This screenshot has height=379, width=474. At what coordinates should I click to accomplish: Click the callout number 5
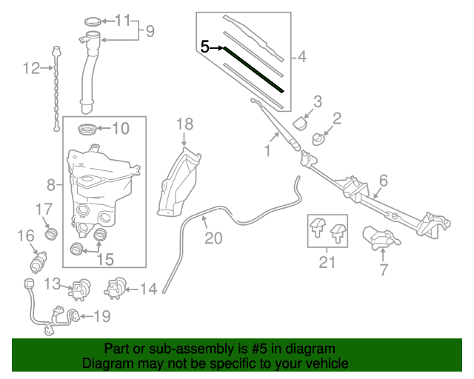point(205,47)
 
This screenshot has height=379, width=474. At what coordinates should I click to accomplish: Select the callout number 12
point(31,69)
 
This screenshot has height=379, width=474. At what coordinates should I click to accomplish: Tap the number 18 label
point(184,124)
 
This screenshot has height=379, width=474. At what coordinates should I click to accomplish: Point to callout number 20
point(213,238)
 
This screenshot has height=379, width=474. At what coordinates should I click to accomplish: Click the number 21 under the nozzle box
point(326,261)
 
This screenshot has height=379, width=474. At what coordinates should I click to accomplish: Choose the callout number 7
point(384,271)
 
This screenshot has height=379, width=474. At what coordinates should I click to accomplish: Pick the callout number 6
point(384,180)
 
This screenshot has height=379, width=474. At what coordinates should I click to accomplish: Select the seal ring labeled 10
point(87,128)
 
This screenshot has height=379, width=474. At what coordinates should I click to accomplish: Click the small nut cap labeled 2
point(319,138)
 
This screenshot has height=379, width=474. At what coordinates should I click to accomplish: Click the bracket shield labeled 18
point(178,181)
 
